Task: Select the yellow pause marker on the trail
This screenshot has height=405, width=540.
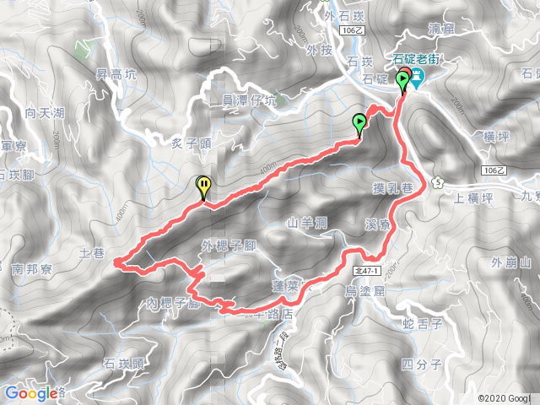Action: click(204, 186)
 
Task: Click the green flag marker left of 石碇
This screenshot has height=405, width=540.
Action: click(360, 124)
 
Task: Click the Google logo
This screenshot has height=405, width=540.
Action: click(31, 392)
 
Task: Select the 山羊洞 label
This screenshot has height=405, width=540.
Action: click(306, 224)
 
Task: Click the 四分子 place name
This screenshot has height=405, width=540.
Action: click(421, 364)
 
